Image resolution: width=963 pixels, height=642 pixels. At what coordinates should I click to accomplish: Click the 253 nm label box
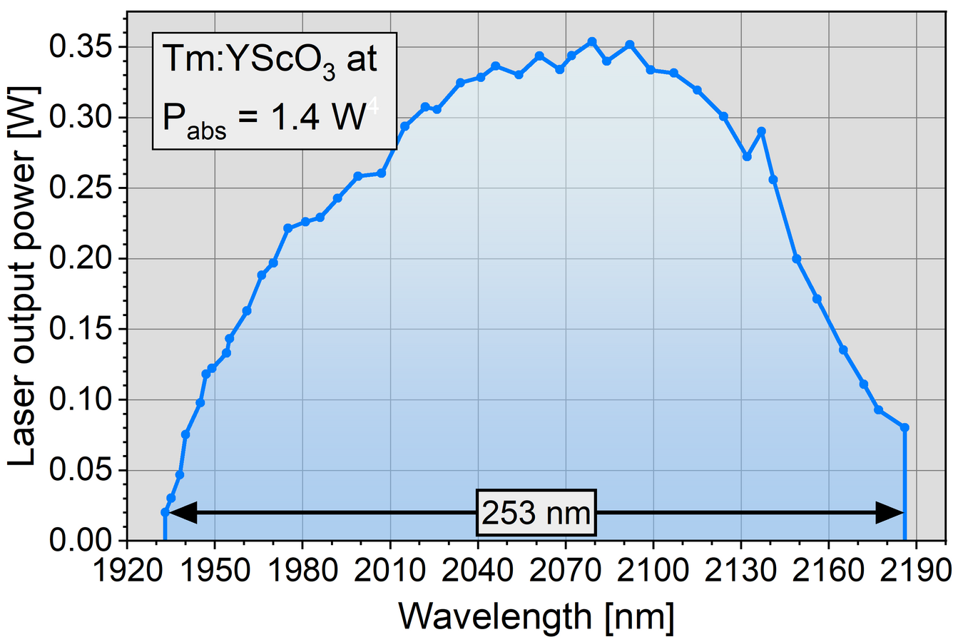[536, 512]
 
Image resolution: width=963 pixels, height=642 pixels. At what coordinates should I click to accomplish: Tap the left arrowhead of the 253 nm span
[183, 512]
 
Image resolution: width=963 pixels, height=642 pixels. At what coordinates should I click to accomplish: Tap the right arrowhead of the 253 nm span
[890, 512]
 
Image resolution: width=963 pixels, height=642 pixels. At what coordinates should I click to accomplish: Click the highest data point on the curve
[591, 41]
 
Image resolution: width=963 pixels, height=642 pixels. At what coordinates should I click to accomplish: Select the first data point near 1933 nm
[165, 512]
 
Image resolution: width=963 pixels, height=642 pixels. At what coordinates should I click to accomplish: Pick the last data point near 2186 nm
[905, 427]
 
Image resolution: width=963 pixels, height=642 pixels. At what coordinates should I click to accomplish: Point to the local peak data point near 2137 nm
[761, 131]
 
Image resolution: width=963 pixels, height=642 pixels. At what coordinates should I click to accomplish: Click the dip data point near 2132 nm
[747, 156]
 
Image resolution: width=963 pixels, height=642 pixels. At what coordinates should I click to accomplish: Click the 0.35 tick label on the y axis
[78, 47]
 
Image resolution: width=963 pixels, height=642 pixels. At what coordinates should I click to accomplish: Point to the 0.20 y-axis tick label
[78, 259]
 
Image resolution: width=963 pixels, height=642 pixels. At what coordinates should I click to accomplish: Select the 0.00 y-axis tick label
[78, 540]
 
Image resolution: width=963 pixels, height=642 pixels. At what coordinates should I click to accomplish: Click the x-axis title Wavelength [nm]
[535, 615]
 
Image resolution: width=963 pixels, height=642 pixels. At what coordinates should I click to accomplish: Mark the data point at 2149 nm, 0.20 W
[797, 259]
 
